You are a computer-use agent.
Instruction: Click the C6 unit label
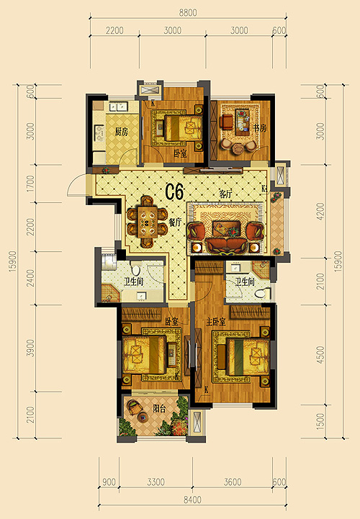(x=174, y=192)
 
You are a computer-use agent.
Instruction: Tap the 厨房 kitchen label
(x=121, y=132)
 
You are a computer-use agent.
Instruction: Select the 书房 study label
(x=260, y=128)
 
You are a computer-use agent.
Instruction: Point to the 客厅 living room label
(x=225, y=194)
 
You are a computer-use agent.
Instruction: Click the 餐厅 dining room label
(x=175, y=222)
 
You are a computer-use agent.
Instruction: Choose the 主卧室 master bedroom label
(x=216, y=321)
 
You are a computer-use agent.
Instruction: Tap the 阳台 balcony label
(x=159, y=408)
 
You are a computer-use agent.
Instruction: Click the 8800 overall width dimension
(x=188, y=12)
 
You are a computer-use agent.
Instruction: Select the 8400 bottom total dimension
(x=192, y=499)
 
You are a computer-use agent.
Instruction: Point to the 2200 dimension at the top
(x=114, y=30)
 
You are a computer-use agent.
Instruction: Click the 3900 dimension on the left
(x=30, y=348)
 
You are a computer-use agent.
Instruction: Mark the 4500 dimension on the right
(x=320, y=355)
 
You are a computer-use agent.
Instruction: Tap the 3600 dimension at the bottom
(x=233, y=482)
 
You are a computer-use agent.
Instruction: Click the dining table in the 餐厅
(x=148, y=222)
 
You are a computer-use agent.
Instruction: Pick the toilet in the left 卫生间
(x=136, y=267)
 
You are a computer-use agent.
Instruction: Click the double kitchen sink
(x=118, y=107)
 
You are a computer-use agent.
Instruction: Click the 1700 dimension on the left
(x=30, y=184)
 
